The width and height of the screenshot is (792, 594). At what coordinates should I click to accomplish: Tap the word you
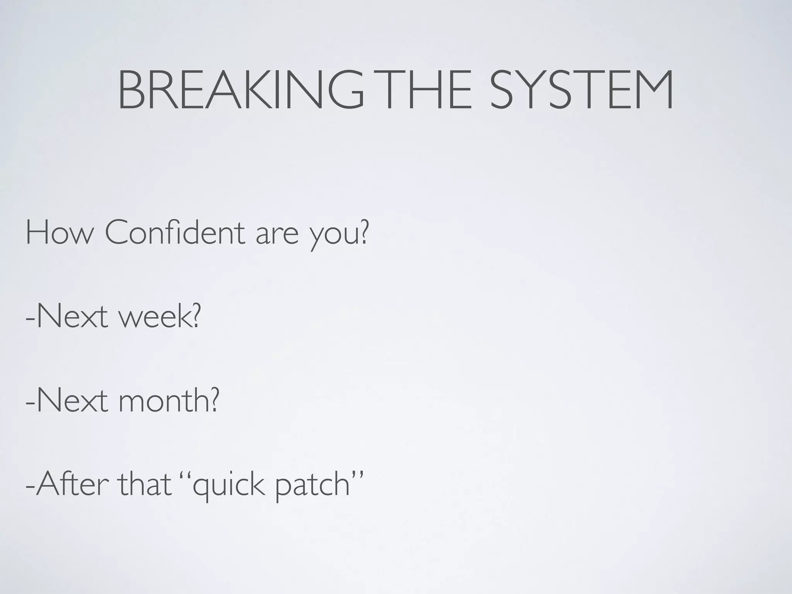334,237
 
